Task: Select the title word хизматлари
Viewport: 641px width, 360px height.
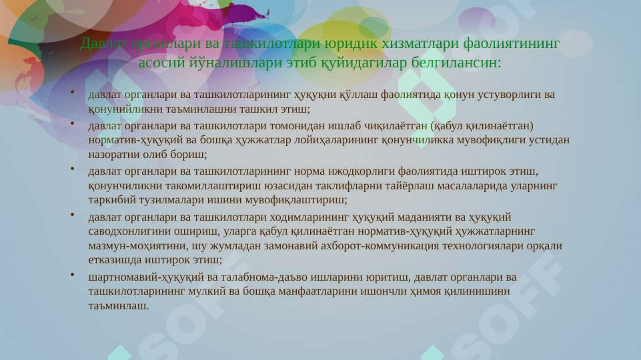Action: coord(415,44)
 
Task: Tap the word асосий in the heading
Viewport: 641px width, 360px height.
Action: coord(161,63)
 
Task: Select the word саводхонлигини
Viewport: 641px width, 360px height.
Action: coord(127,231)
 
